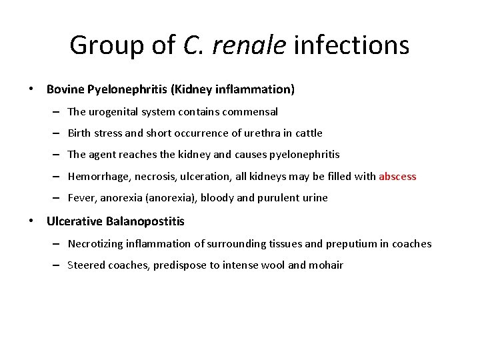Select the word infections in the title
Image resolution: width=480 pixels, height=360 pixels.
click(351, 46)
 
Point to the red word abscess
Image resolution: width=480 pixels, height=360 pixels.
click(397, 177)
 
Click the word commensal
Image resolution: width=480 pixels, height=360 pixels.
click(251, 112)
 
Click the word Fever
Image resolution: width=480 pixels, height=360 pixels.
click(82, 198)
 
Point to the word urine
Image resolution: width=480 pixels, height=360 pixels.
click(314, 198)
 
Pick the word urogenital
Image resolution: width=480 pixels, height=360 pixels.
click(114, 112)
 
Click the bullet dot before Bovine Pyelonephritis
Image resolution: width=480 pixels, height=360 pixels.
click(31, 89)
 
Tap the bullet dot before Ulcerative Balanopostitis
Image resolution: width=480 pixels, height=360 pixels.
click(31, 221)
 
